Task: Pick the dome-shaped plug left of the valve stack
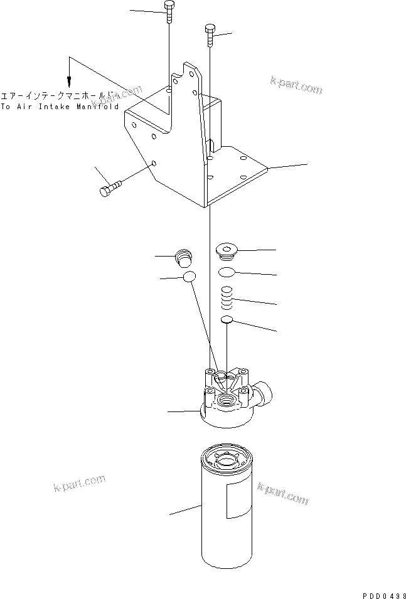pyautogui.click(x=183, y=257)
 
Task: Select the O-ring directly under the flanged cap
pyautogui.click(x=227, y=272)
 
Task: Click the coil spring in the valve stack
pyautogui.click(x=228, y=297)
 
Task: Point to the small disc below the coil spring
pyautogui.click(x=228, y=322)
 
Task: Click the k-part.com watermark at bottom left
pyautogui.click(x=78, y=484)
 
